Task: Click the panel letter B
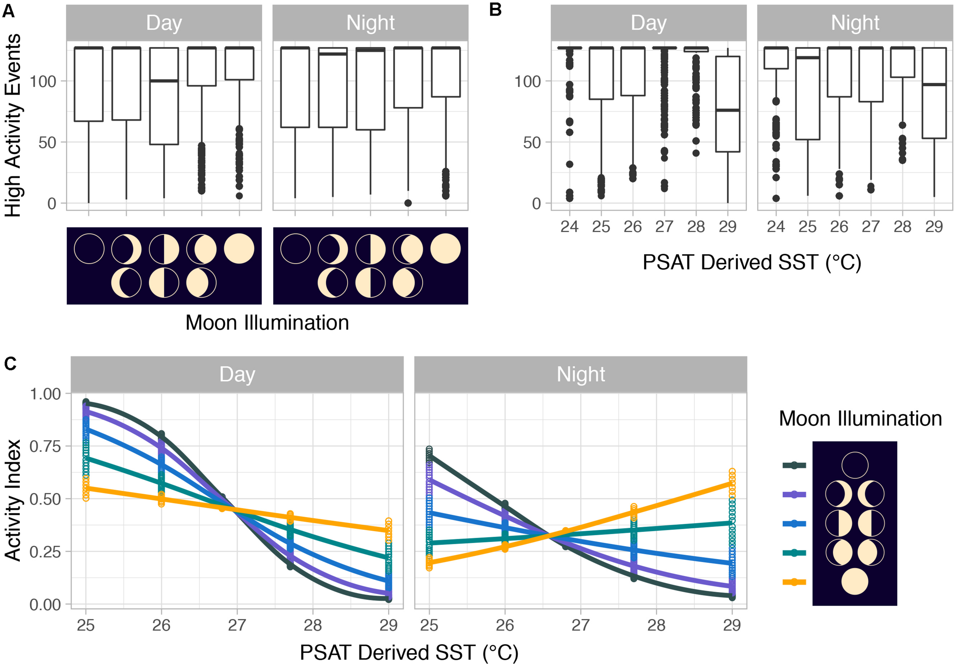(495, 9)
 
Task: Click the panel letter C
(10, 364)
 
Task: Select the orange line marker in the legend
(794, 582)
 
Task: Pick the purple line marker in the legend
(794, 495)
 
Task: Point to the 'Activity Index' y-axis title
(13, 500)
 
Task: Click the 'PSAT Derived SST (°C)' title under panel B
(752, 263)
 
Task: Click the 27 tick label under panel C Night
(580, 625)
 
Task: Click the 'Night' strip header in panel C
(580, 374)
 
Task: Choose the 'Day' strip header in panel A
(164, 23)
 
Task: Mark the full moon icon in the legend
(855, 581)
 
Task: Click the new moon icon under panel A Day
(89, 248)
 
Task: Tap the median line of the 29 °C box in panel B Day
(728, 110)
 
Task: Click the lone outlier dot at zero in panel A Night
(408, 203)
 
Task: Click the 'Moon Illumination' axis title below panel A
(267, 323)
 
